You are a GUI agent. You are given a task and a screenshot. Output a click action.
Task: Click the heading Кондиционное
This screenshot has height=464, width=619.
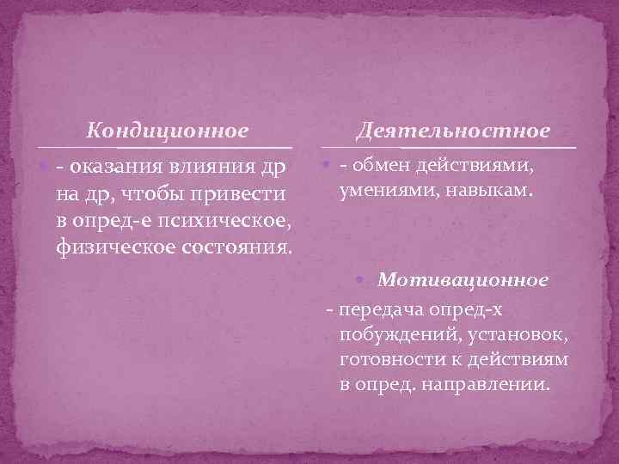click(169, 131)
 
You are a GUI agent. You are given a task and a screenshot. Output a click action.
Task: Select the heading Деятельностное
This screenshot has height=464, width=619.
click(453, 131)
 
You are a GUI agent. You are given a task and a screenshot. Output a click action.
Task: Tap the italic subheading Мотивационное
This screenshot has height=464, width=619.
click(463, 280)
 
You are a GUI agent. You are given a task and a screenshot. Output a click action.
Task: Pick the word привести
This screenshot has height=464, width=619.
click(242, 194)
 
